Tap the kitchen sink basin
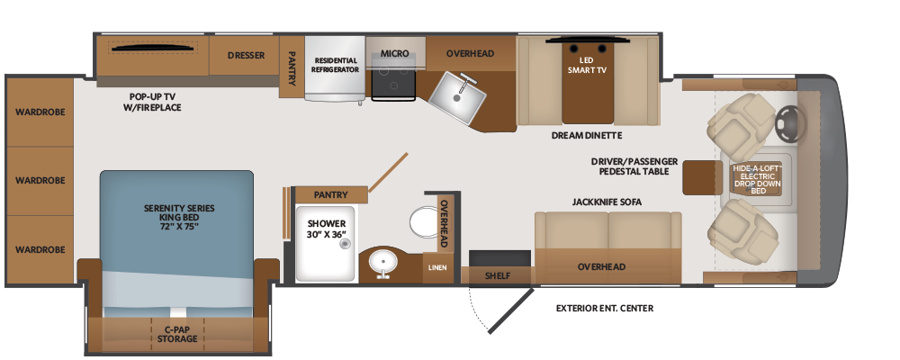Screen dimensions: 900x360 pyautogui.click(x=457, y=97)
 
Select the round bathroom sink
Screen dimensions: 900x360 pyautogui.click(x=380, y=264)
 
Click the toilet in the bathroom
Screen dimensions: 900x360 pyautogui.click(x=425, y=221)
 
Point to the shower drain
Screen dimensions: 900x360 pyautogui.click(x=345, y=244)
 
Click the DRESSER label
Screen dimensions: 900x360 pyautogui.click(x=246, y=56)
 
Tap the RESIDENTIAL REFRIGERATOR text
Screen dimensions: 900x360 pyautogui.click(x=336, y=65)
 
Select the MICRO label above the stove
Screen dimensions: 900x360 pyautogui.click(x=395, y=53)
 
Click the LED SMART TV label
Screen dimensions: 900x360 pyautogui.click(x=587, y=65)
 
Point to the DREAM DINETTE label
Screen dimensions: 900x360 pyautogui.click(x=587, y=136)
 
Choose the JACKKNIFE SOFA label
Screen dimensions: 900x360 pyautogui.click(x=607, y=202)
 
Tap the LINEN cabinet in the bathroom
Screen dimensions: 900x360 pyautogui.click(x=437, y=267)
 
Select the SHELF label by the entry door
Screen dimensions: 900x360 pyautogui.click(x=498, y=275)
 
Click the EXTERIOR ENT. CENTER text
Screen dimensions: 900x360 pyautogui.click(x=605, y=309)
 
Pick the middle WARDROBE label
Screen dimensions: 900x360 pyautogui.click(x=40, y=180)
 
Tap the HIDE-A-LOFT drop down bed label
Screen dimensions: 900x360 pyautogui.click(x=758, y=179)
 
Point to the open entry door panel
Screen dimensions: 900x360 pyautogui.click(x=510, y=310)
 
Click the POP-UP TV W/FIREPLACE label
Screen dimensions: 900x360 pyautogui.click(x=153, y=102)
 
